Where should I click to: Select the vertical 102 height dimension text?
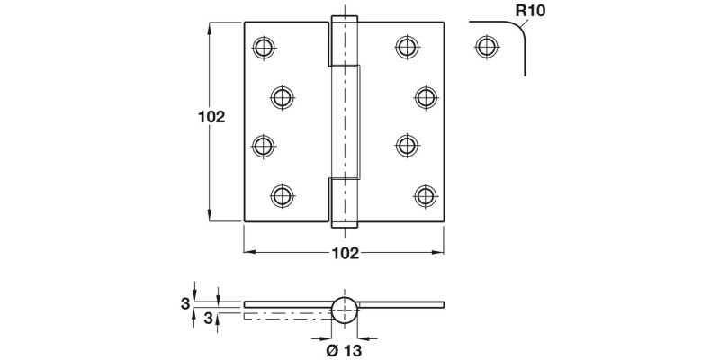210,117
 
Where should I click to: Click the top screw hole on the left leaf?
263,46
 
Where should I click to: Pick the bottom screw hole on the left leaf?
283,193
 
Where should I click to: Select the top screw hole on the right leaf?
407,46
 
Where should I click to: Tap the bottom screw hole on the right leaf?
426,193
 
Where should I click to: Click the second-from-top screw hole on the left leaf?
283,95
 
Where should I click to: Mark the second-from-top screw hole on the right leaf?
426,95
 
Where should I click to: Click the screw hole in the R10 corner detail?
486,46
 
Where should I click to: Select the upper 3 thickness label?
184,303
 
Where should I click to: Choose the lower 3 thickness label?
209,317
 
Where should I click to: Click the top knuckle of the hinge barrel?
343,40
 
